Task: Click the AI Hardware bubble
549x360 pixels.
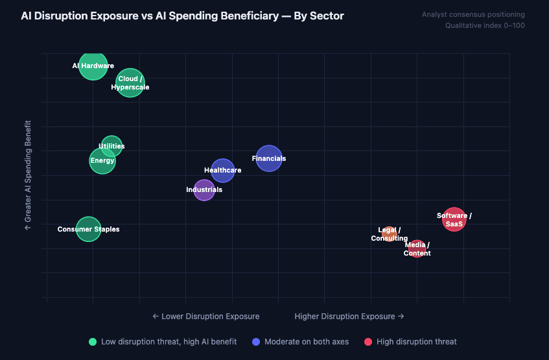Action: (x=93, y=66)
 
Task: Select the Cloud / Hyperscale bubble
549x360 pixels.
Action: (x=130, y=82)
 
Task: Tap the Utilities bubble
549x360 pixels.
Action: (x=111, y=146)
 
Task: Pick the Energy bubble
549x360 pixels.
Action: (x=102, y=161)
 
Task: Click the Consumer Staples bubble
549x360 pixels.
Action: (x=89, y=228)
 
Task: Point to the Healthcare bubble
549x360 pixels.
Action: (x=223, y=171)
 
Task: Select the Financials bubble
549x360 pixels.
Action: (x=269, y=158)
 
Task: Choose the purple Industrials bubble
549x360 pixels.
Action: (x=204, y=190)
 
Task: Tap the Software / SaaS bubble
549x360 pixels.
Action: (x=454, y=220)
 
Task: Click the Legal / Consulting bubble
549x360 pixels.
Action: (x=389, y=234)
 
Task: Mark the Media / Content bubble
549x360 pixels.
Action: (x=417, y=248)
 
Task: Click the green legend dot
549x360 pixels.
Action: (x=93, y=342)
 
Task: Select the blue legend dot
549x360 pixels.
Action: (x=256, y=342)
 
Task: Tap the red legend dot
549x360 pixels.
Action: (x=368, y=342)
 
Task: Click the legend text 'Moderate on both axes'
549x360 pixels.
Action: (x=307, y=342)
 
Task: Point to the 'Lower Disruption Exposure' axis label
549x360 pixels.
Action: (x=206, y=317)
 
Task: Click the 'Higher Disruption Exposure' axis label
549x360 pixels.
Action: (x=349, y=317)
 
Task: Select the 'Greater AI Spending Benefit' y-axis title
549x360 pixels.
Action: (x=28, y=175)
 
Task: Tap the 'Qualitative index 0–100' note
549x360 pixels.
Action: (x=485, y=26)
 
